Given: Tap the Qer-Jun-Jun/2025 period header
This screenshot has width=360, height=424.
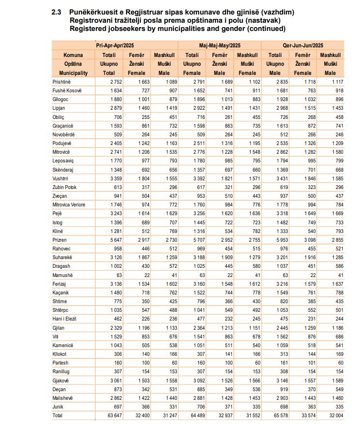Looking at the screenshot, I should click(x=303, y=45).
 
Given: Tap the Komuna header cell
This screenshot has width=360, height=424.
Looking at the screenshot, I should click(x=74, y=55).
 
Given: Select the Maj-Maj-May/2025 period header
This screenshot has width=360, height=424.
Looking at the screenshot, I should click(x=220, y=45).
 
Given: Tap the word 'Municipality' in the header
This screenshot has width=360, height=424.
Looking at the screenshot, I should click(x=74, y=73).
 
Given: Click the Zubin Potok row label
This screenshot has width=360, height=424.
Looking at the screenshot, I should click(x=65, y=187).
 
